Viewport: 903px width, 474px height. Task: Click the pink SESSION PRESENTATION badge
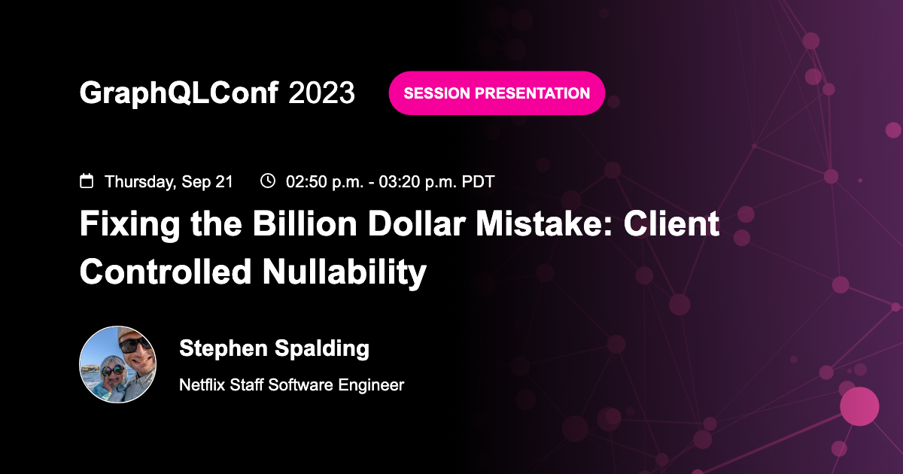pos(497,93)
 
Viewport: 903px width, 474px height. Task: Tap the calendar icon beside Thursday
pos(87,181)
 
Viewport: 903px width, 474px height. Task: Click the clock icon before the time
pos(268,181)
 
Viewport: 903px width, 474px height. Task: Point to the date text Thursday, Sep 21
pos(169,182)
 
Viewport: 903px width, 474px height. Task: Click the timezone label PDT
pos(479,182)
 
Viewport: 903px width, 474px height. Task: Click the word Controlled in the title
pos(166,271)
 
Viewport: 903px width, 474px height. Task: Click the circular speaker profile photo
pos(118,365)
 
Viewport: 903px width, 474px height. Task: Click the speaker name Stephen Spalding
pos(274,349)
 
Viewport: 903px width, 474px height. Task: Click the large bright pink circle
pos(859,406)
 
